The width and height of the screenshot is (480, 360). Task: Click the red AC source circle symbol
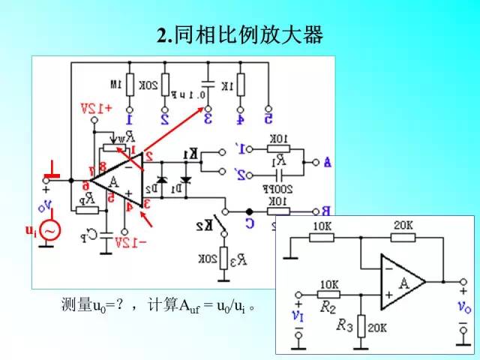coord(49,232)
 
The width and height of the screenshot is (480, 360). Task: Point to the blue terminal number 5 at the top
coord(268,118)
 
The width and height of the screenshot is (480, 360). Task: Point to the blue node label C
coord(250,223)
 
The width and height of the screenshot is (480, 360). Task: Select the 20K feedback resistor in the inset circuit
coord(403,238)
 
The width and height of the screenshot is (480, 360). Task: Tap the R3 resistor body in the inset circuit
coord(361,325)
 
